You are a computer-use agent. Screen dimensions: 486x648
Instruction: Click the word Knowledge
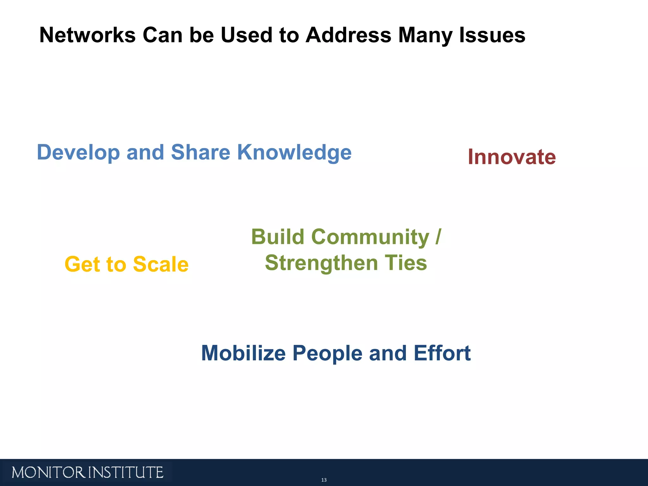(x=294, y=153)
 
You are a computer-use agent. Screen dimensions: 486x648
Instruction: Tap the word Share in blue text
(x=201, y=152)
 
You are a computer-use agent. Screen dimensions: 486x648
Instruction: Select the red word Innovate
(x=512, y=157)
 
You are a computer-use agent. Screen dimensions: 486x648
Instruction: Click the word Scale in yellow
(x=161, y=264)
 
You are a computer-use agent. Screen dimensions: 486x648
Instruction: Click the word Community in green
(x=370, y=237)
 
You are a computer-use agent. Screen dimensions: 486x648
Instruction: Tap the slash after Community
(x=438, y=237)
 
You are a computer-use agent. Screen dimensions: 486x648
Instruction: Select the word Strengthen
(x=321, y=263)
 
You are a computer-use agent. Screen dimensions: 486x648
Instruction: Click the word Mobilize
(x=243, y=353)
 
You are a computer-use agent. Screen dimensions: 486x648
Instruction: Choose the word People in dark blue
(x=327, y=353)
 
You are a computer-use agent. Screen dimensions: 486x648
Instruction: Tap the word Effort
(x=442, y=353)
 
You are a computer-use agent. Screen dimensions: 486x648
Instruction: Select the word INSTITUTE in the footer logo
(x=126, y=473)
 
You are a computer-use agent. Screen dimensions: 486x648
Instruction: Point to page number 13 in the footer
(x=324, y=480)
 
